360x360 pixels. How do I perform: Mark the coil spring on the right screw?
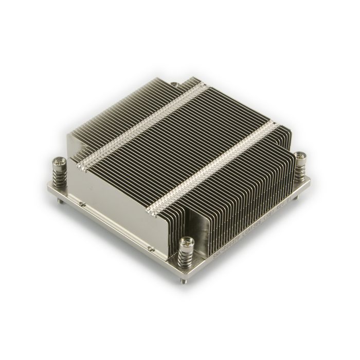pos(300,168)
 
